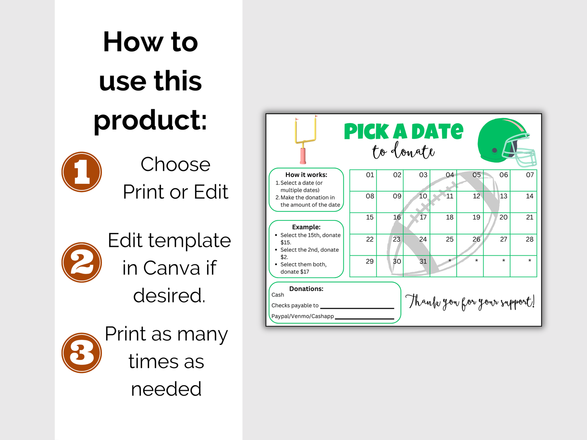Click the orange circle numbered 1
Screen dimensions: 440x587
tap(82, 172)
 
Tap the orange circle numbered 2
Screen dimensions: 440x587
tap(82, 263)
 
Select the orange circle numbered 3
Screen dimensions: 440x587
tap(82, 353)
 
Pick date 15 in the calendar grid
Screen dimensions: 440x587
tap(370, 218)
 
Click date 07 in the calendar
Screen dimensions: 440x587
tap(530, 175)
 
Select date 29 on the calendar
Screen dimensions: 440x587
tap(370, 261)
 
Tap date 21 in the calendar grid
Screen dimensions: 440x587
tap(530, 218)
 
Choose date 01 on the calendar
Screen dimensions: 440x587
tap(370, 175)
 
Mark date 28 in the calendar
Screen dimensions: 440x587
tap(530, 239)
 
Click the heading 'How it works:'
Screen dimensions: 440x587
tap(306, 175)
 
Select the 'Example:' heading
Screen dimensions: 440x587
tap(306, 227)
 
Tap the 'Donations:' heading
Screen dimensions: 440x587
tap(306, 289)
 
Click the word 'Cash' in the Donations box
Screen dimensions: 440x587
tap(278, 295)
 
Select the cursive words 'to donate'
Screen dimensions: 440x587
tap(403, 151)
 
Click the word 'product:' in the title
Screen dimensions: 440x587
tap(150, 120)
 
